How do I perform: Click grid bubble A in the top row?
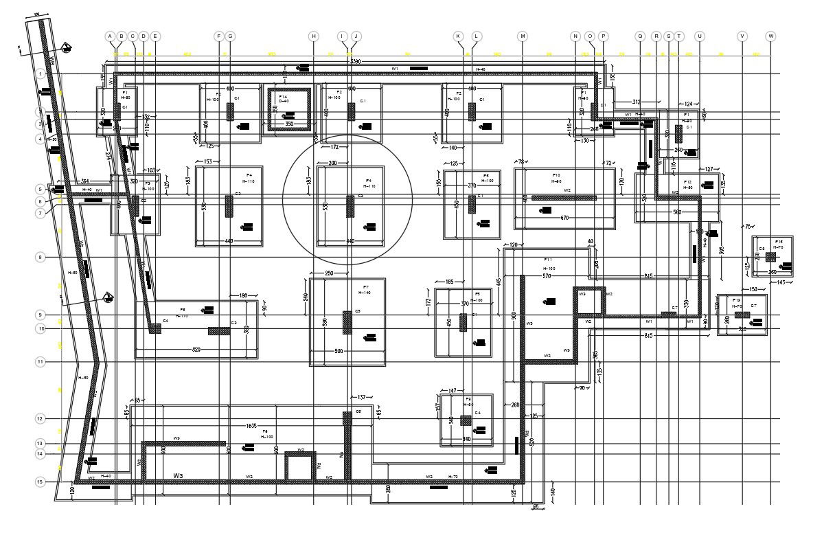[109, 36]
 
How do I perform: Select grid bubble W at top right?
[771, 36]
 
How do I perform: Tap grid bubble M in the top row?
[523, 36]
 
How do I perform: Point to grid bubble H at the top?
[314, 36]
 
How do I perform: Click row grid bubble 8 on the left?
[41, 258]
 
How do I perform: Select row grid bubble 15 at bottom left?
[41, 482]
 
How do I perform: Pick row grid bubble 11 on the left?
[41, 361]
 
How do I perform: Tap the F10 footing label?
[556, 175]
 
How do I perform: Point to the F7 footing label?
[366, 286]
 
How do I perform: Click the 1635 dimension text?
[251, 426]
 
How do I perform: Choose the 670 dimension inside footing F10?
[564, 218]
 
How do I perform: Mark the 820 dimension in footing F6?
[197, 350]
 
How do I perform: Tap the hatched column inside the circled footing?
[350, 206]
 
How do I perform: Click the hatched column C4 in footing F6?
[155, 329]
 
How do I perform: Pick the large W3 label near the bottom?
[179, 475]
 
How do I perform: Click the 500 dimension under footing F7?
[339, 352]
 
